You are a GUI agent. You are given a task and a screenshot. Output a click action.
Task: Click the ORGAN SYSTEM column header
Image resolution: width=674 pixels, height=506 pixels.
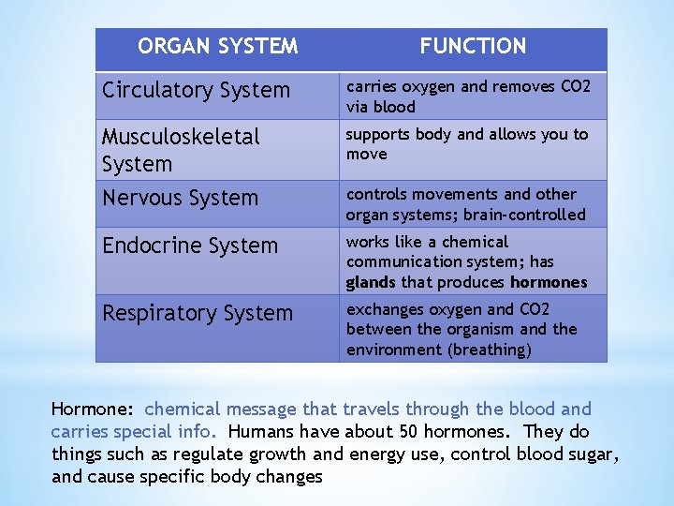[x=218, y=46]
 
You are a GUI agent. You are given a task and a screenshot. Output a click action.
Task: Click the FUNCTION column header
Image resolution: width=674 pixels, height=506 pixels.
[x=473, y=46]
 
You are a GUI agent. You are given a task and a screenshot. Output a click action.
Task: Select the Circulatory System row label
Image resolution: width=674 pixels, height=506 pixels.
[x=196, y=91]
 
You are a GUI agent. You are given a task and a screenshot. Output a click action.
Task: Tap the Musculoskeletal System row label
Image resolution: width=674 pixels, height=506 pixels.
[x=181, y=150]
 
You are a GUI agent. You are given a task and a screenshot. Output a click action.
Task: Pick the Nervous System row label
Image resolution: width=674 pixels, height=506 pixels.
[x=180, y=198]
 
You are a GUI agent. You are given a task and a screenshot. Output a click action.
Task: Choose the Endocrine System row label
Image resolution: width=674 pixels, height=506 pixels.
[x=190, y=246]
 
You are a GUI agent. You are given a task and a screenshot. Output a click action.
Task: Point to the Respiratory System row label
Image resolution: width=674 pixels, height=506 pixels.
[x=198, y=313]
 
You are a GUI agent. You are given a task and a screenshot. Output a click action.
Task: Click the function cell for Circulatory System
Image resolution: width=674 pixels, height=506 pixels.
[x=468, y=97]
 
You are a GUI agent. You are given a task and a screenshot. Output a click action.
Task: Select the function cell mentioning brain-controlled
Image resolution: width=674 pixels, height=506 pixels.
[x=465, y=204]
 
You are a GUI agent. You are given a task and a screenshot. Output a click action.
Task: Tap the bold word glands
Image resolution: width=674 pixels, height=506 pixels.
[x=371, y=282]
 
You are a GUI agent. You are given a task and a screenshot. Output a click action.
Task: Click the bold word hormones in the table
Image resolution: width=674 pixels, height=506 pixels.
[x=549, y=282]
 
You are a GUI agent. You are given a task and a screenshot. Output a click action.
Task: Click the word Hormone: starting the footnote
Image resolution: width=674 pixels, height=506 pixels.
[x=94, y=409]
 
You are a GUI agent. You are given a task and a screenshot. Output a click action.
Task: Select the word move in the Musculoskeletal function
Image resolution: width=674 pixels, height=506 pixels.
[x=366, y=155]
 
